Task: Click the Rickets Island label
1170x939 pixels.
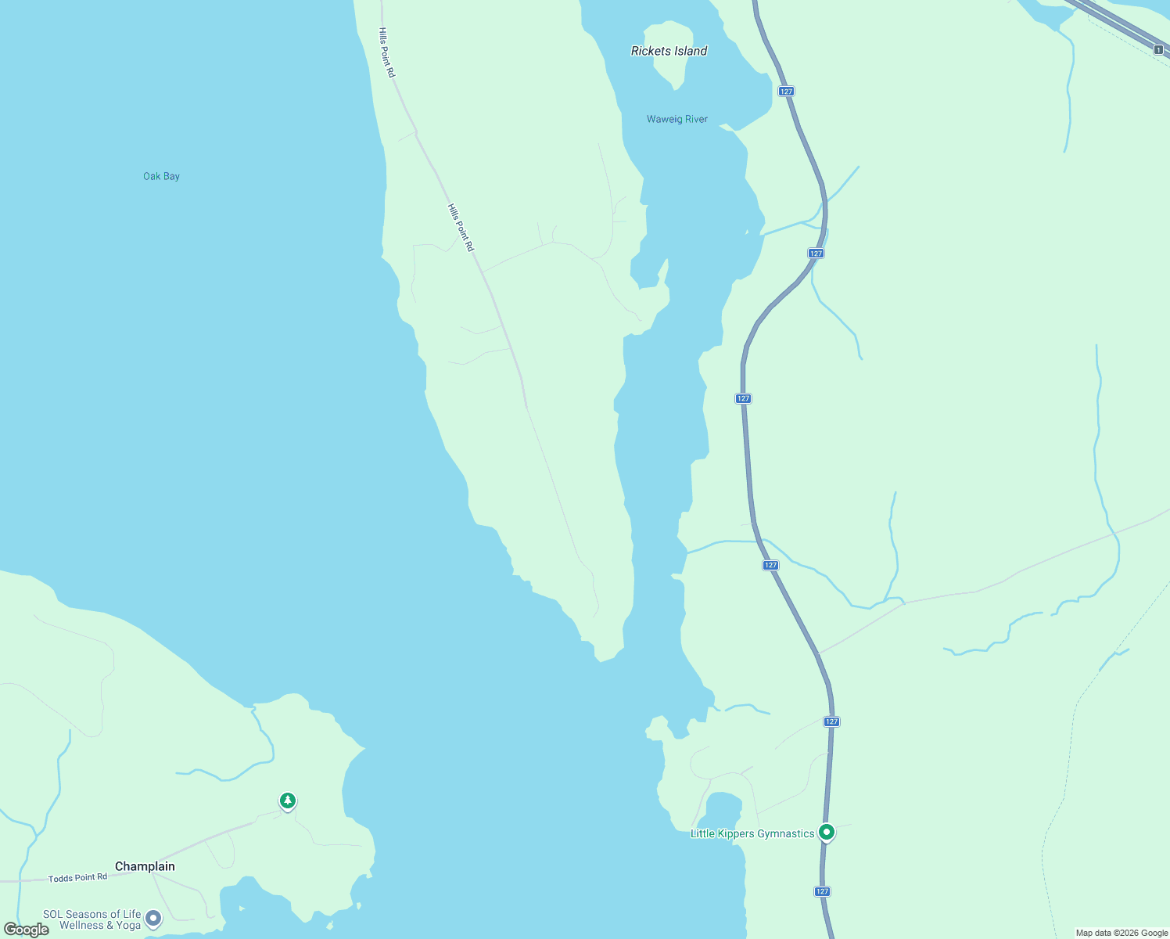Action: pos(669,51)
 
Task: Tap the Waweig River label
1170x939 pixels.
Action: pos(677,119)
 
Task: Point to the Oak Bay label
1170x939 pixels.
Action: pos(161,176)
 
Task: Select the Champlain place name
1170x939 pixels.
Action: pos(145,866)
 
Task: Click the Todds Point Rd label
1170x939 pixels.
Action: pos(77,878)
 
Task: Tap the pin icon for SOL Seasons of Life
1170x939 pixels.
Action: pos(153,918)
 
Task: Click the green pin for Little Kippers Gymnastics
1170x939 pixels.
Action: pos(827,832)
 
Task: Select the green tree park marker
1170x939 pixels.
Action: pos(288,800)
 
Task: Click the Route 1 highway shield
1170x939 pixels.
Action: pos(1157,49)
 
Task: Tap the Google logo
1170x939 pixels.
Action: pos(27,930)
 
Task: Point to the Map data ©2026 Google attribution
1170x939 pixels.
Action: pos(1122,933)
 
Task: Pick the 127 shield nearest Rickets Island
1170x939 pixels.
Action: pos(786,92)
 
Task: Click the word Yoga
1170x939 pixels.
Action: pos(128,925)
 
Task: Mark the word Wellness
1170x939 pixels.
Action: pos(81,925)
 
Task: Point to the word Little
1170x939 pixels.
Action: pos(702,833)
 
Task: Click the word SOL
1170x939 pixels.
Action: pos(52,914)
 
